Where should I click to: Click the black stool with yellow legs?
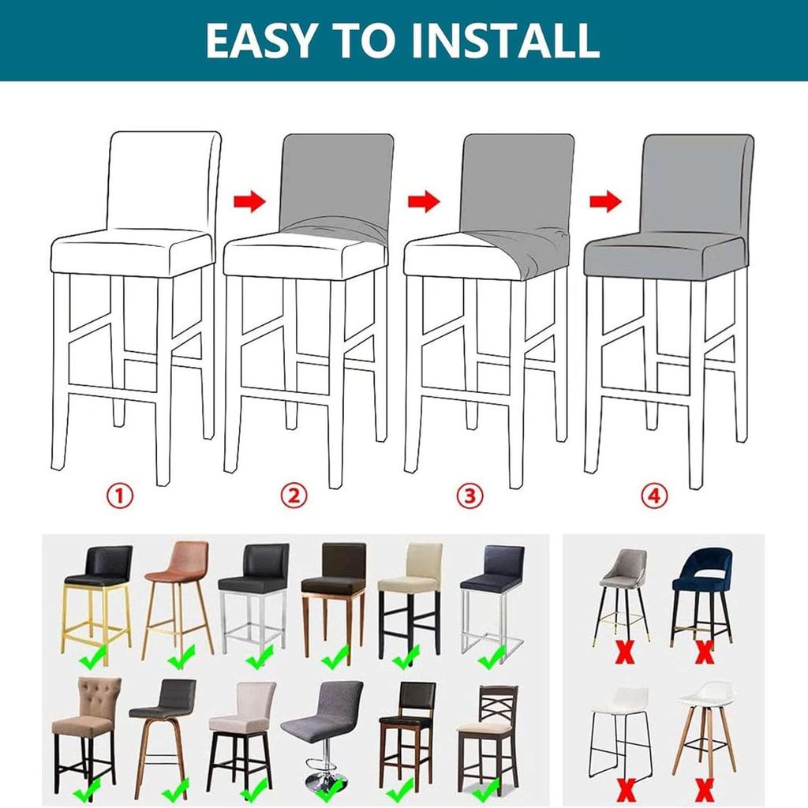98,592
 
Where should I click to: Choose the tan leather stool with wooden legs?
178,592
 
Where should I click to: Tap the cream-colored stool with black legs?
409,592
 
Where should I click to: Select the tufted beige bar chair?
86,726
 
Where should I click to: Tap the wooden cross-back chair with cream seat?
488,726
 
